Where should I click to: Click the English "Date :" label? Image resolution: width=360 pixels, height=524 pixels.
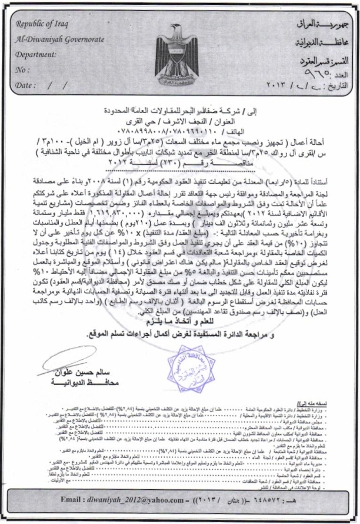click(x=27, y=85)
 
